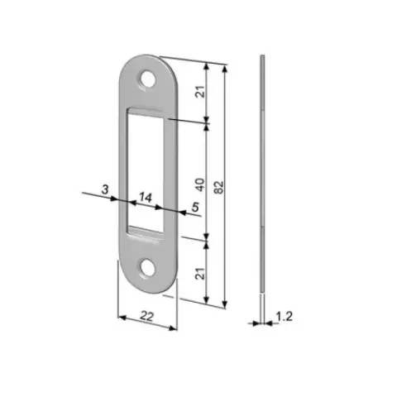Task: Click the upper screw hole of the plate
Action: (x=147, y=79)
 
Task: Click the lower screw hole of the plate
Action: (x=146, y=267)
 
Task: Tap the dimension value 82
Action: (x=219, y=187)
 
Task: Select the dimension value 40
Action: (x=200, y=184)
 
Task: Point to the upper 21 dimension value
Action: (x=201, y=91)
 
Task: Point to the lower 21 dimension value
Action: (x=200, y=273)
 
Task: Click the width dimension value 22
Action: (x=146, y=316)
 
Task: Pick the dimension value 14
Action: (x=146, y=197)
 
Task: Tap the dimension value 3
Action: (x=105, y=189)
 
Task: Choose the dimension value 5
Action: (x=195, y=207)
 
